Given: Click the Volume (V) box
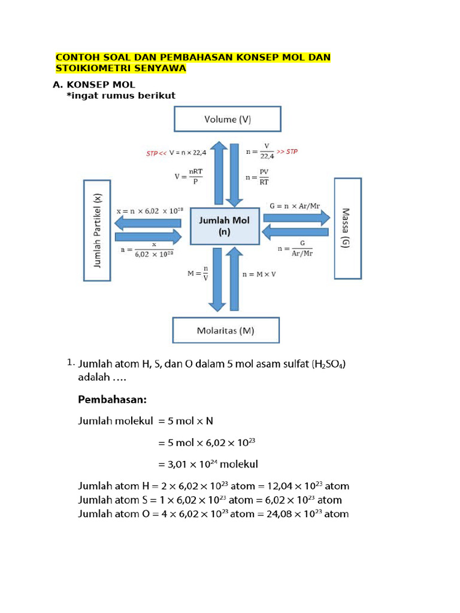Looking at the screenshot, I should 227,119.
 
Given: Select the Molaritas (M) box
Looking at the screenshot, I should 226,330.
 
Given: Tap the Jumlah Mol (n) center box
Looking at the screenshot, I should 225,226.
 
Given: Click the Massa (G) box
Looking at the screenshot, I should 347,228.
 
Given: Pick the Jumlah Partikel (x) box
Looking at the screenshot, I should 98,230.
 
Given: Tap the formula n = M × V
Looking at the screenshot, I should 259,274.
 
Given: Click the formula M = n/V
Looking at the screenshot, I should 198,274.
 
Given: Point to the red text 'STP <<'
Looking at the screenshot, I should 156,153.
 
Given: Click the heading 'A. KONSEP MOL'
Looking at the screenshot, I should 95,84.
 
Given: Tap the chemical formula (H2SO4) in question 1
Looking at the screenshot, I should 329,364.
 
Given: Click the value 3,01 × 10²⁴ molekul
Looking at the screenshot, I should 208,464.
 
